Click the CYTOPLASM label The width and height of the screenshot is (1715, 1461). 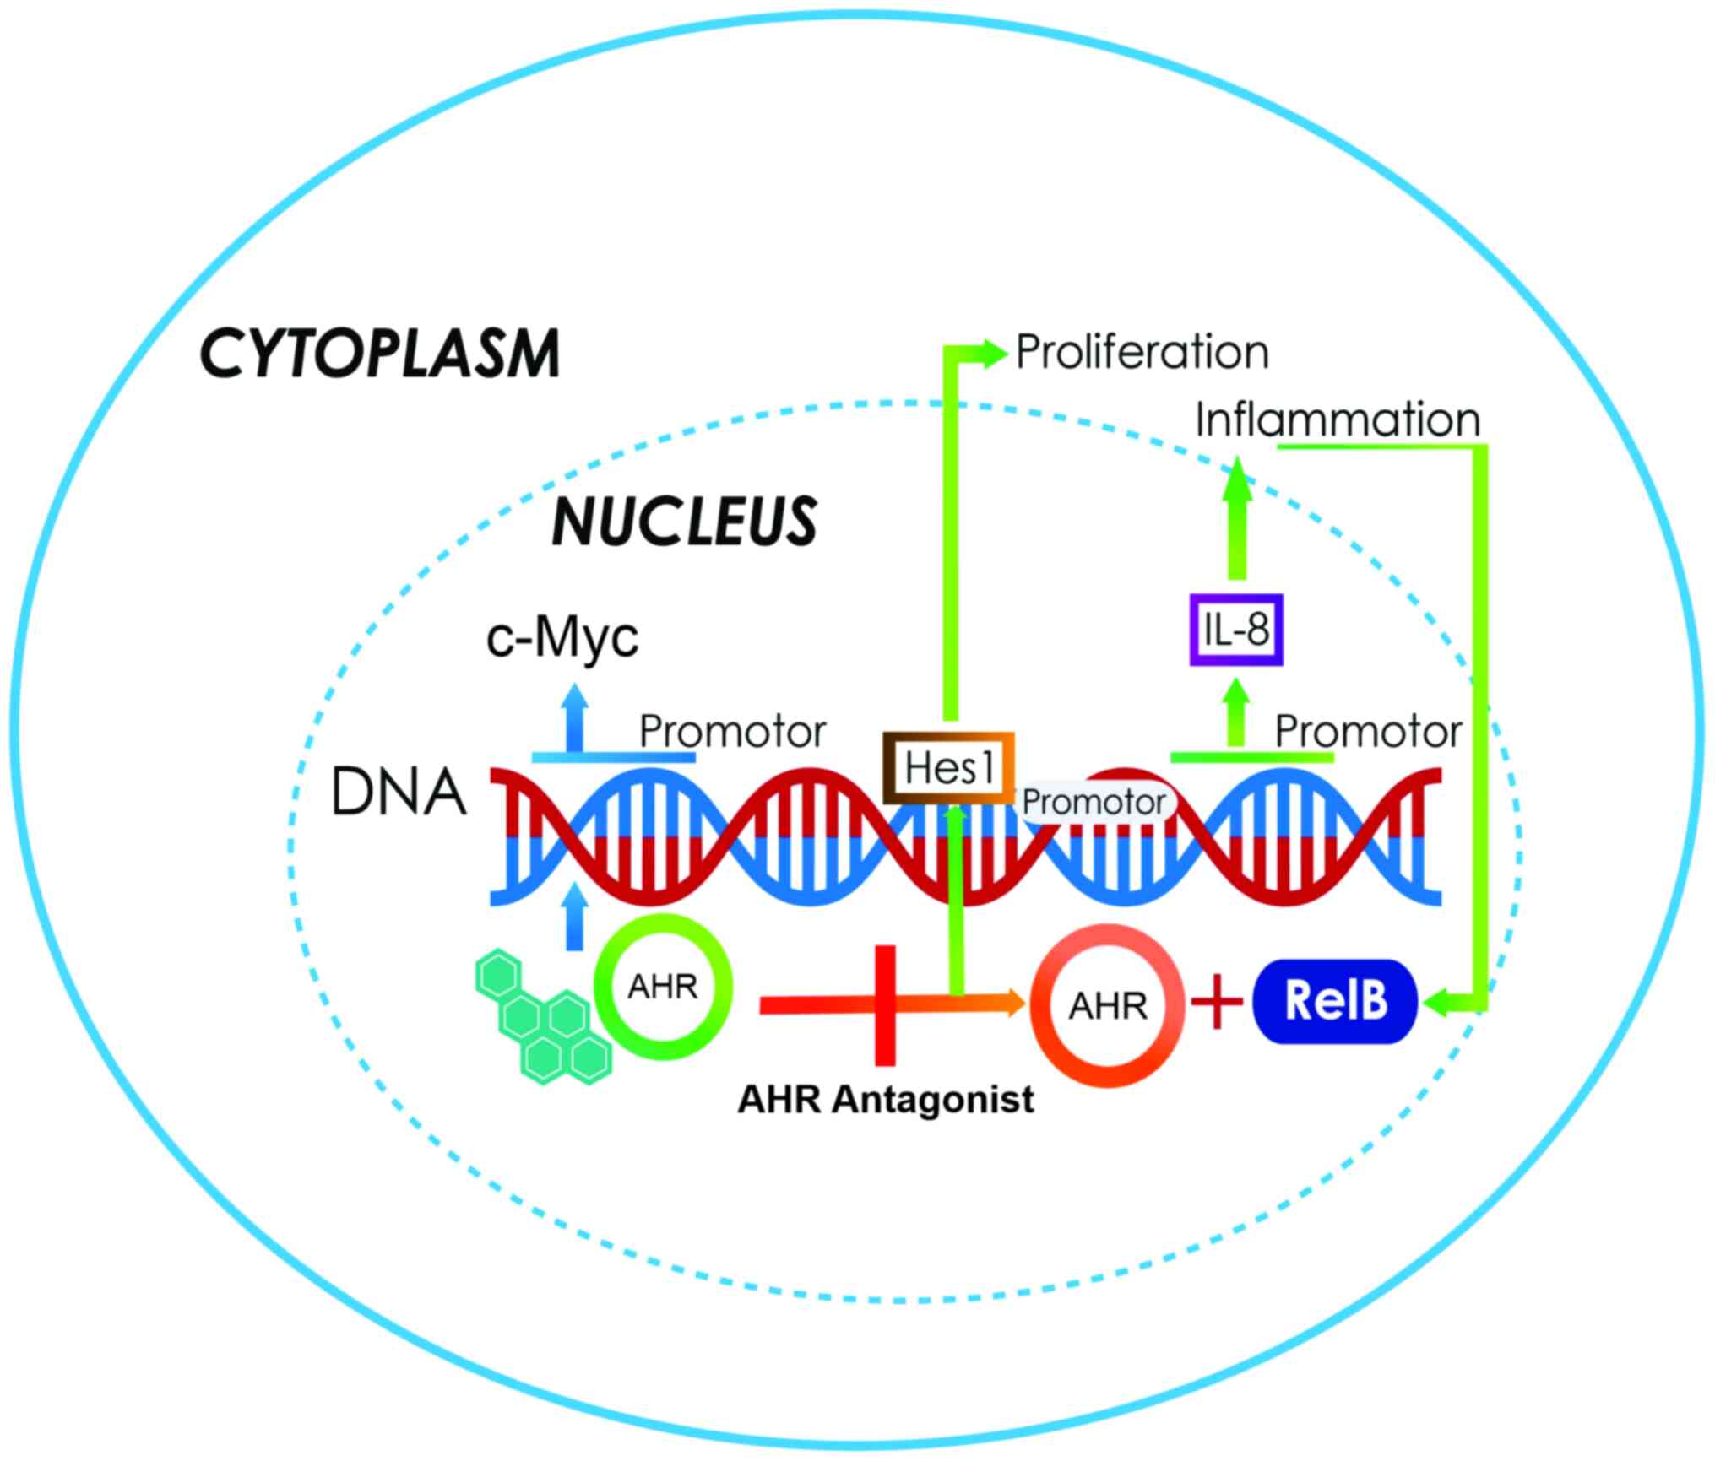pos(379,354)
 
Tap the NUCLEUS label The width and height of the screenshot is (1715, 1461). pos(684,521)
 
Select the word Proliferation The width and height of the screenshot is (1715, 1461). pos(1142,352)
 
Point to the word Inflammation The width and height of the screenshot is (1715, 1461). pos(1338,419)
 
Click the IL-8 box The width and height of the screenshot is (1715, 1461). pos(1236,630)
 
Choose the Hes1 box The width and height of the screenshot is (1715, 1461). pos(948,767)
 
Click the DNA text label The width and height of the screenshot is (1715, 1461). pos(399,793)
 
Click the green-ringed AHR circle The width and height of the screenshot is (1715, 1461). pos(663,986)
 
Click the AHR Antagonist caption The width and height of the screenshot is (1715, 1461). pos(886,1100)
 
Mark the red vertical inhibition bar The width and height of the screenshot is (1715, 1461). pos(885,1004)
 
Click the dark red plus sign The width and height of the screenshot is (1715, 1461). pos(1217,1002)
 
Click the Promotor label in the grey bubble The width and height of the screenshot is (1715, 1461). pos(1094,802)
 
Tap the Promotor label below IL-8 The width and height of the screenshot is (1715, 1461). pos(1368,732)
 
